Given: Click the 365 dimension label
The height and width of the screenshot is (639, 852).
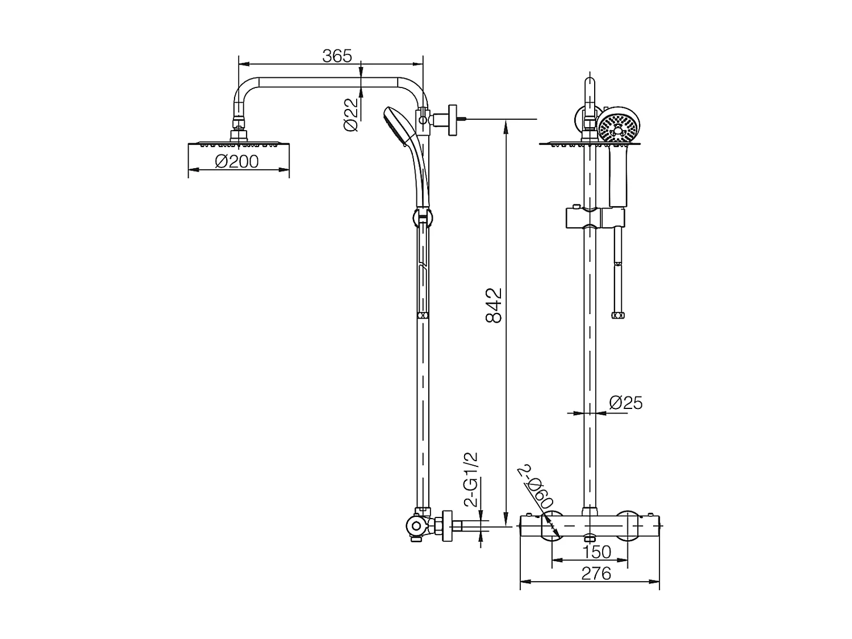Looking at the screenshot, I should pyautogui.click(x=337, y=56).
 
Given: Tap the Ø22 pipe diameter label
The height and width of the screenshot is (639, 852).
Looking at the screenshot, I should pyautogui.click(x=352, y=115).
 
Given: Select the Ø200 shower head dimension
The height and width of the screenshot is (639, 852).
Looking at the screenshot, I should pyautogui.click(x=237, y=162).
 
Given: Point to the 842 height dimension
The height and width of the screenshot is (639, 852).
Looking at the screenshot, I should pyautogui.click(x=494, y=306).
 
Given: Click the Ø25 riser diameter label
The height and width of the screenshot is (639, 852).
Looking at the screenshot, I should pyautogui.click(x=625, y=403).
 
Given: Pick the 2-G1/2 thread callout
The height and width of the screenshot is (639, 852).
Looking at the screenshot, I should pyautogui.click(x=471, y=480).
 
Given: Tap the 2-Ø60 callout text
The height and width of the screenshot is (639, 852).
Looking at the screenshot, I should pyautogui.click(x=537, y=487).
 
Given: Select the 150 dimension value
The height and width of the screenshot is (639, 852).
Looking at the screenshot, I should pyautogui.click(x=596, y=552).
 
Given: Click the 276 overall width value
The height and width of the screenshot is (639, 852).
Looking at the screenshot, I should pyautogui.click(x=596, y=574).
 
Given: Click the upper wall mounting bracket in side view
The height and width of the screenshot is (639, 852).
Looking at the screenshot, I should pyautogui.click(x=452, y=120).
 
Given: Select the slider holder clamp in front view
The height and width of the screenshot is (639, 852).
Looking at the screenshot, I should pyautogui.click(x=595, y=217).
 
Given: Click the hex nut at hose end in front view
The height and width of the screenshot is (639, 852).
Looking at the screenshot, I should pyautogui.click(x=616, y=314).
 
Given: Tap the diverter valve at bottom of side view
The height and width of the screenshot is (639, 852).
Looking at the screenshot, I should pyautogui.click(x=419, y=526).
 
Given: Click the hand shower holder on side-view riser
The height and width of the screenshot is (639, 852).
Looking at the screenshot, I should pyautogui.click(x=421, y=217).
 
